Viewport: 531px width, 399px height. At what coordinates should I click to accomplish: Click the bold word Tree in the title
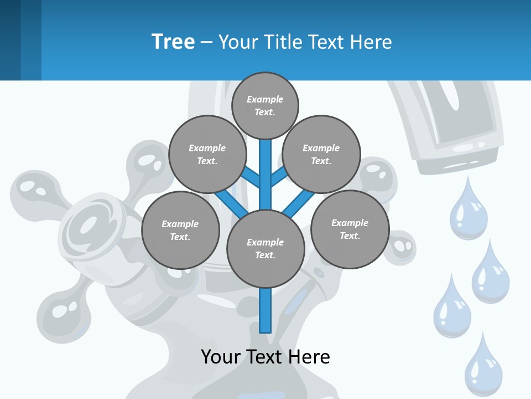pyautogui.click(x=173, y=42)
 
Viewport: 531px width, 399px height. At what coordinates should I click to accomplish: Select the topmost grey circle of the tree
pyautogui.click(x=265, y=105)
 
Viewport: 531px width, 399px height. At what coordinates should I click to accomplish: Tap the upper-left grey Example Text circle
pyautogui.click(x=207, y=154)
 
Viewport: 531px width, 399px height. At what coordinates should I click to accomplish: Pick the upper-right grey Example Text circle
pyautogui.click(x=321, y=154)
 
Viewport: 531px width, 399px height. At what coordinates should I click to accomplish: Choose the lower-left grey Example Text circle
pyautogui.click(x=180, y=230)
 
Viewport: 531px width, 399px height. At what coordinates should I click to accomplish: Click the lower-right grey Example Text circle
pyautogui.click(x=350, y=229)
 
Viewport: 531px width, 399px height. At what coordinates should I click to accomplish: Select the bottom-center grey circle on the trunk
pyautogui.click(x=265, y=248)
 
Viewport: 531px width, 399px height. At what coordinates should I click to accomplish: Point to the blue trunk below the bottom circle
pyautogui.click(x=265, y=310)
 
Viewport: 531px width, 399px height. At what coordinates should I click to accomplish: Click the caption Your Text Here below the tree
pyautogui.click(x=265, y=356)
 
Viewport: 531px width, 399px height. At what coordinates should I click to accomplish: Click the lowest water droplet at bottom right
pyautogui.click(x=483, y=368)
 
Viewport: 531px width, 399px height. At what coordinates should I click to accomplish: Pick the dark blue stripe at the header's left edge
pyautogui.click(x=10, y=40)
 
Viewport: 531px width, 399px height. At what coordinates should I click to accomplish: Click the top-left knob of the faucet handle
pyautogui.click(x=33, y=188)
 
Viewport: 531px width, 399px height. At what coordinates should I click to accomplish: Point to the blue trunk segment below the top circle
pyautogui.click(x=265, y=166)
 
